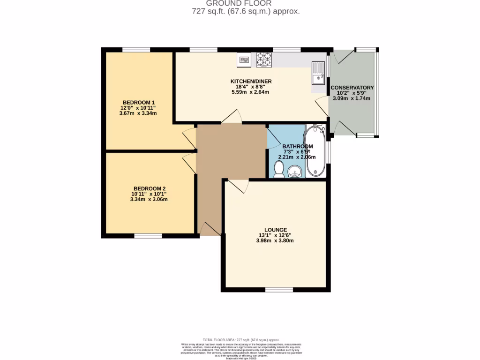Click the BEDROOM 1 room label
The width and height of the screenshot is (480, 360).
139,103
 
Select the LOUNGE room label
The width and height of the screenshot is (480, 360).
275,230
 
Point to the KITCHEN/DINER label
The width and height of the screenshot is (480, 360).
251,82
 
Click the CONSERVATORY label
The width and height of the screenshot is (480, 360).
352,88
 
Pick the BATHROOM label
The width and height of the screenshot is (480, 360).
298,146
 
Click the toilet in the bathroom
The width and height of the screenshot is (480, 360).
279,169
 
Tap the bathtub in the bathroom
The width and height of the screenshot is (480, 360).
315,151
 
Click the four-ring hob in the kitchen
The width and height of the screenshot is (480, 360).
264,60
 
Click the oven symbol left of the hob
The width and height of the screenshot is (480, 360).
244,59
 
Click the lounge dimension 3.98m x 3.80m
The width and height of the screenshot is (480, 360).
275,241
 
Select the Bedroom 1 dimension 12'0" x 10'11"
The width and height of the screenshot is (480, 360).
138,108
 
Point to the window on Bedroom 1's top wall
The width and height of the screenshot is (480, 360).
136,49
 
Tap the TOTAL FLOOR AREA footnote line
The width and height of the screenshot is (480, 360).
240,340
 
